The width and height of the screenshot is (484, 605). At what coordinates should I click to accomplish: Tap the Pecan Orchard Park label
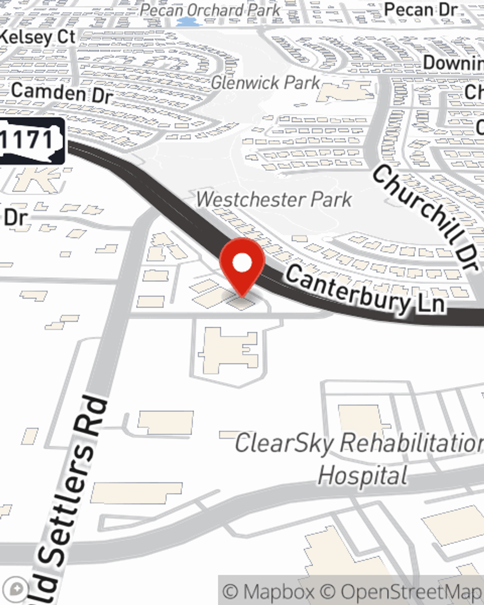pyautogui.click(x=210, y=10)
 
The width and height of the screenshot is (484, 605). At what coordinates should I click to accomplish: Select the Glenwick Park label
pyautogui.click(x=265, y=82)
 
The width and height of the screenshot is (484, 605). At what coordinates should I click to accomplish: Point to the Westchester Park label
pyautogui.click(x=274, y=199)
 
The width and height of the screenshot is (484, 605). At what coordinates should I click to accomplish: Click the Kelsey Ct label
pyautogui.click(x=38, y=37)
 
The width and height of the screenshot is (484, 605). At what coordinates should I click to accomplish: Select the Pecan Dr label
pyautogui.click(x=420, y=10)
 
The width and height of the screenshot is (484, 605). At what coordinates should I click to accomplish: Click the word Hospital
pyautogui.click(x=363, y=475)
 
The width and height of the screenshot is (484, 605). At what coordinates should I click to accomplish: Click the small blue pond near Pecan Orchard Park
pyautogui.click(x=185, y=22)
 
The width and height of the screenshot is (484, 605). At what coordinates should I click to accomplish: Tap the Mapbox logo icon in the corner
pyautogui.click(x=17, y=589)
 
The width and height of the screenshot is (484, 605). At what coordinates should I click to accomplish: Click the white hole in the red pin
pyautogui.click(x=242, y=263)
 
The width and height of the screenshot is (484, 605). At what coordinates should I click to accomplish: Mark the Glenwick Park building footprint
pyautogui.click(x=346, y=91)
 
